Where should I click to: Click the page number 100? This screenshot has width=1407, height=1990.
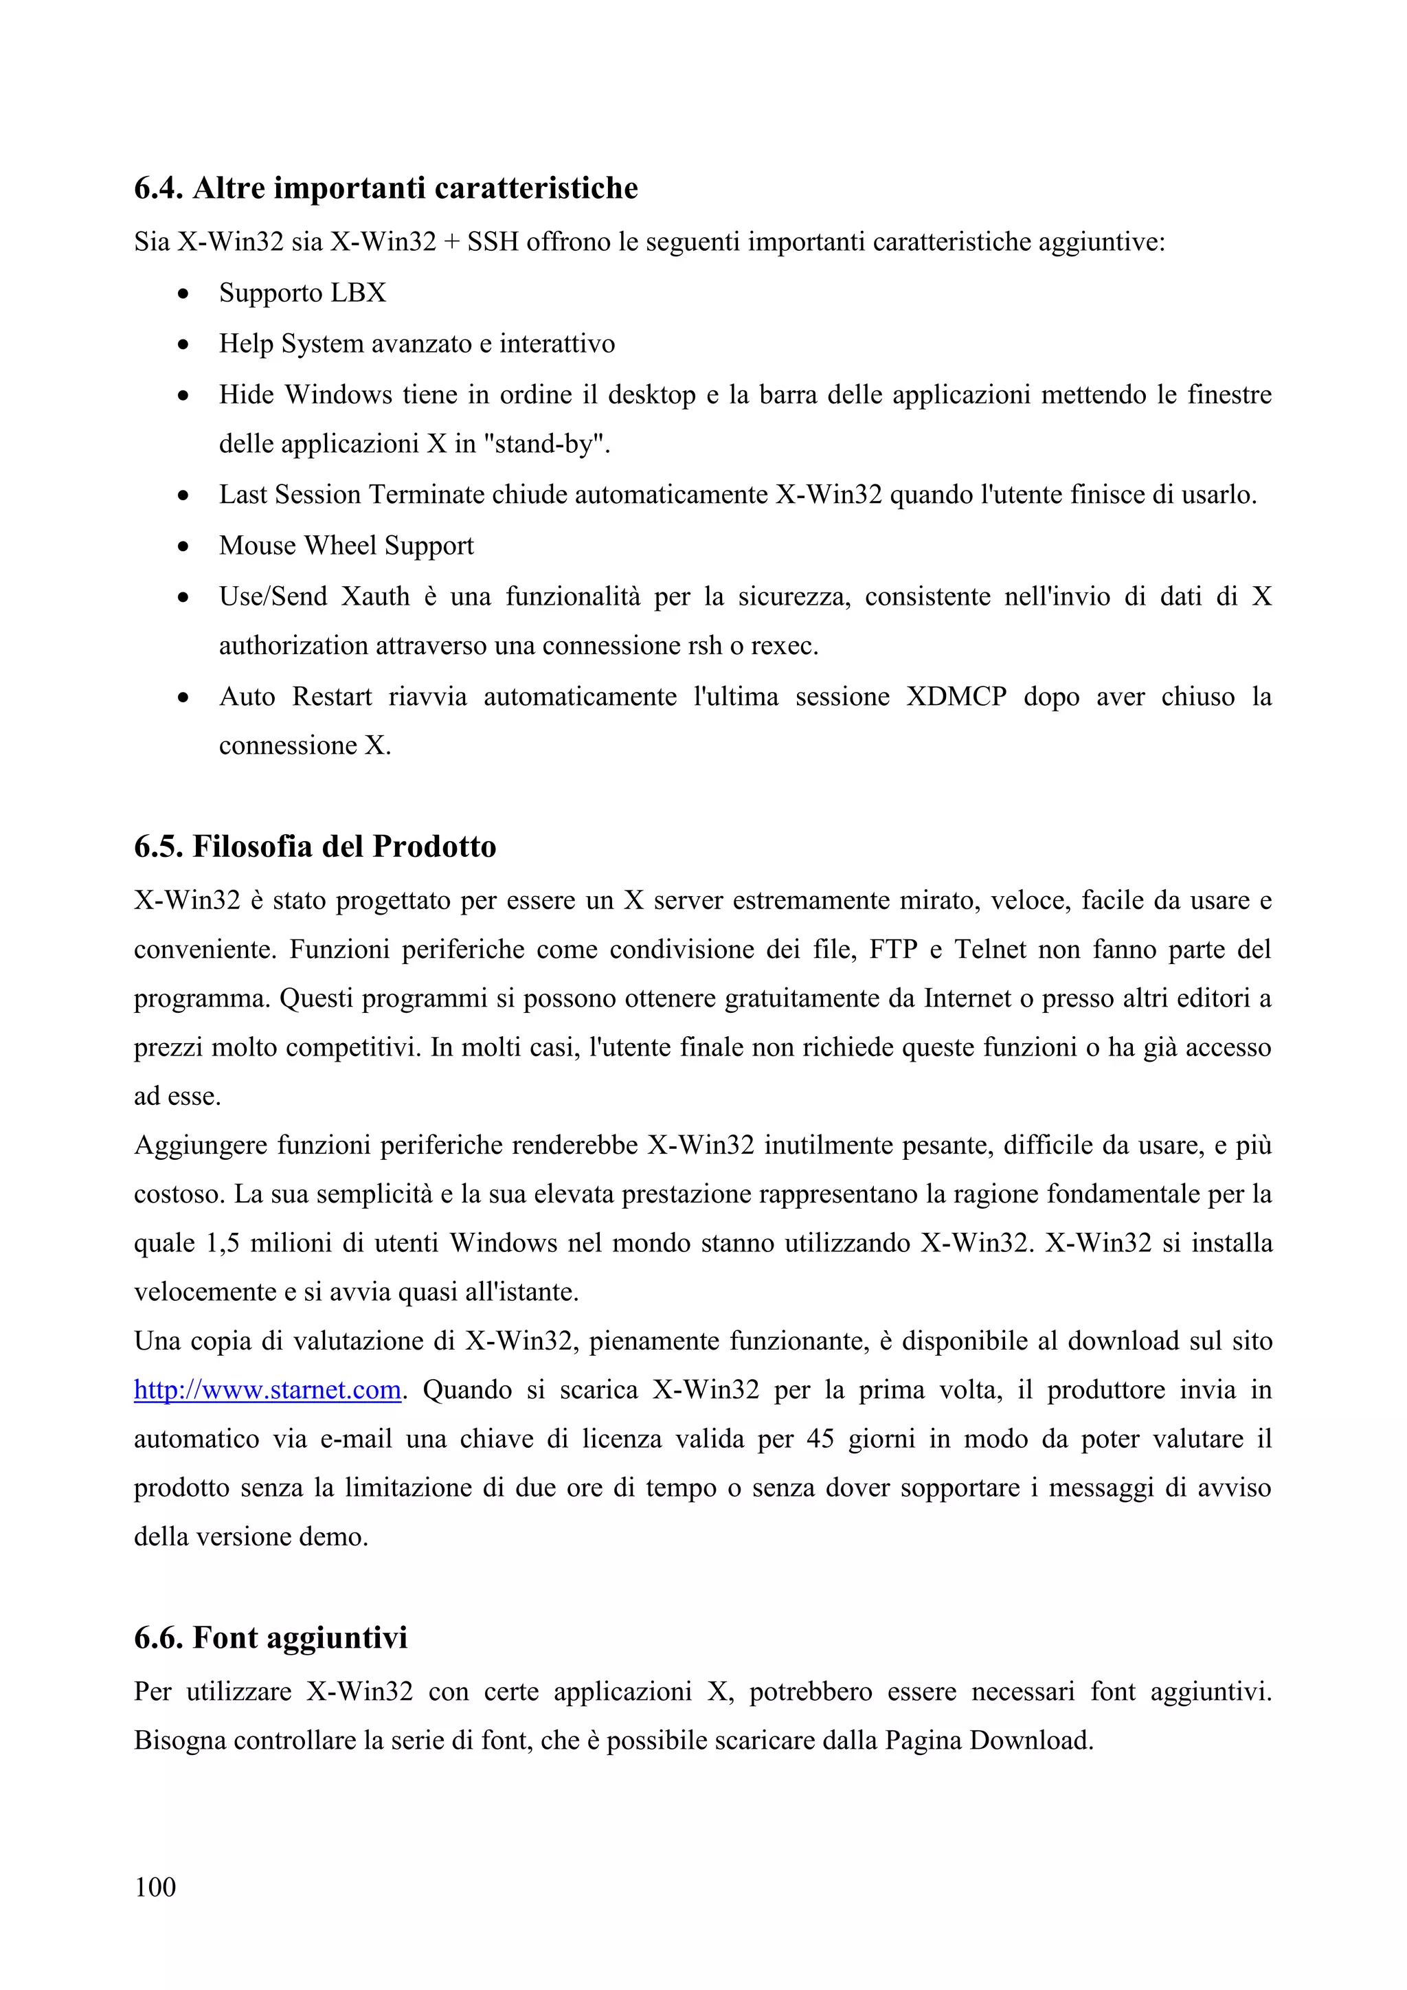pyautogui.click(x=155, y=1886)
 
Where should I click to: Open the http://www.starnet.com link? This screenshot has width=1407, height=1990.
pyautogui.click(x=267, y=1389)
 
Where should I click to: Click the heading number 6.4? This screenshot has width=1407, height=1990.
pyautogui.click(x=159, y=188)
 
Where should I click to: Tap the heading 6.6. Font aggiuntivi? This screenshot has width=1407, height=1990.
pyautogui.click(x=270, y=1637)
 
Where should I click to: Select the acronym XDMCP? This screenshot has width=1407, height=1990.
pyautogui.click(x=956, y=697)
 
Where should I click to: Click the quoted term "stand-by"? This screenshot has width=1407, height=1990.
pyautogui.click(x=545, y=444)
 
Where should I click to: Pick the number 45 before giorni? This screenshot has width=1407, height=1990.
pyautogui.click(x=820, y=1439)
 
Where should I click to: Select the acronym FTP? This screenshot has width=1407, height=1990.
pyautogui.click(x=893, y=949)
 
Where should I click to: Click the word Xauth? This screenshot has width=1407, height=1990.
pyautogui.click(x=375, y=596)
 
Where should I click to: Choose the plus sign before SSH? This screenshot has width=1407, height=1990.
pyautogui.click(x=451, y=242)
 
